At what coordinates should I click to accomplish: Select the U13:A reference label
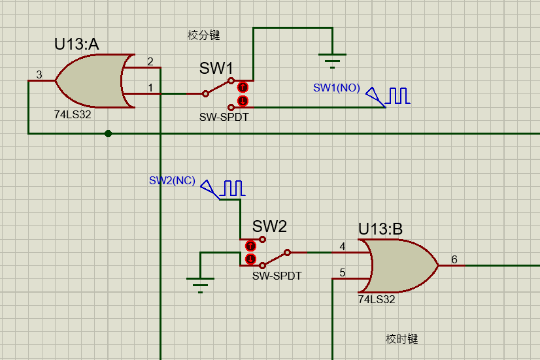point(76,44)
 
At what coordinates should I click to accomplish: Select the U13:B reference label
point(380,229)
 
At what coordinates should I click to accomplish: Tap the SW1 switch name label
point(216,68)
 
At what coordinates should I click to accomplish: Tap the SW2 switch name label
point(269,227)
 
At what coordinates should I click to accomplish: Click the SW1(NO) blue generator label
point(336,88)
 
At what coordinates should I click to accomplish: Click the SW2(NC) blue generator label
point(172,181)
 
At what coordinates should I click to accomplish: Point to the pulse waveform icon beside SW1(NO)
point(397,96)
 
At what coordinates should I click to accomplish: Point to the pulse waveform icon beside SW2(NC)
point(232,189)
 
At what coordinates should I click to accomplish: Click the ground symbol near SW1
point(333,59)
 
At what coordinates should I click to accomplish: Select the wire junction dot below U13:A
point(109,133)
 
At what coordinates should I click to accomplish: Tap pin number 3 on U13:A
point(39,75)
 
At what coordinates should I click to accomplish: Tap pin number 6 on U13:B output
point(454,260)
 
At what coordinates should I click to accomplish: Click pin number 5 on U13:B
point(343,272)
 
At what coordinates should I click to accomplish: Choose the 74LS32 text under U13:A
point(72,113)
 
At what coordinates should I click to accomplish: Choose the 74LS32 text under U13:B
point(377,299)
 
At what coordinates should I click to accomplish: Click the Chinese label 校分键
point(204,35)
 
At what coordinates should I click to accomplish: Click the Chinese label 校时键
point(401,339)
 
